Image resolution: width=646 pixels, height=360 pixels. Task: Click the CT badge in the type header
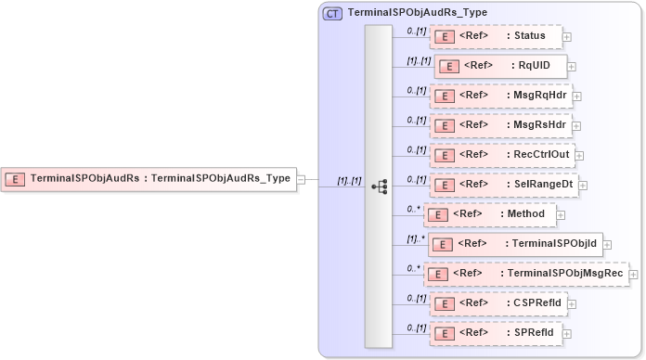[x=332, y=13]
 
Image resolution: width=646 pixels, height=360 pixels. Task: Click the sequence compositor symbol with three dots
[x=379, y=186]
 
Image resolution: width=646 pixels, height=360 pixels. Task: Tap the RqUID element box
[x=499, y=66]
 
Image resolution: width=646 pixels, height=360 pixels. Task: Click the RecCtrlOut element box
[x=502, y=154]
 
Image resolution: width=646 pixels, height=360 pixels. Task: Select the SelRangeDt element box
[x=502, y=184]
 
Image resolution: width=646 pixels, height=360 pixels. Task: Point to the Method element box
[x=490, y=214]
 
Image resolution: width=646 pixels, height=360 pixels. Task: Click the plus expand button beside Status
[x=567, y=37]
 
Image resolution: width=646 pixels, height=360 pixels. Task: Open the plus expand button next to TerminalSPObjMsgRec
[x=634, y=275]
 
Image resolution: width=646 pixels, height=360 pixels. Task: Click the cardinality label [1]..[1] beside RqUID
[x=418, y=61]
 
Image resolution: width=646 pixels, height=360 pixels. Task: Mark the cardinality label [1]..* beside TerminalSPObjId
[x=417, y=238]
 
